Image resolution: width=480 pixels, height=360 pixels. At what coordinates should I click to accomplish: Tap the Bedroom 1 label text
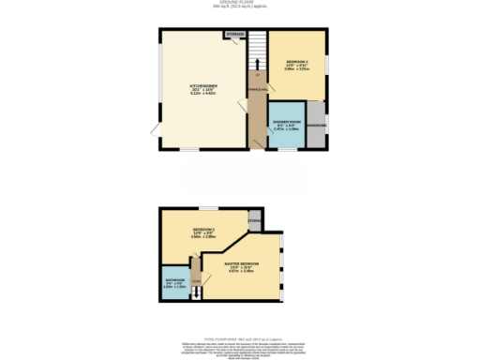coord(297,65)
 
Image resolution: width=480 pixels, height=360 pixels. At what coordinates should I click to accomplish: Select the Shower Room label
coord(285,126)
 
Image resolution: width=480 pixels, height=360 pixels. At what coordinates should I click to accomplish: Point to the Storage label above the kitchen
coord(234,36)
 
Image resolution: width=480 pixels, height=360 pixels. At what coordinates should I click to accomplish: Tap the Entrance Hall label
coord(254,90)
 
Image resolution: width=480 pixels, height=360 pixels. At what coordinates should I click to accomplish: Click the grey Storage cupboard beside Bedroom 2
coord(253,220)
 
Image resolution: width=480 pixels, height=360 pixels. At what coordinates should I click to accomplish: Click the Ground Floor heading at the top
coord(240,4)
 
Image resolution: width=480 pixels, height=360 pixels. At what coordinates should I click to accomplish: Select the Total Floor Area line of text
coord(239,325)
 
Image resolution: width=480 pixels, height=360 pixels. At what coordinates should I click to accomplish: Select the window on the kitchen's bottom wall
coord(190,150)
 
